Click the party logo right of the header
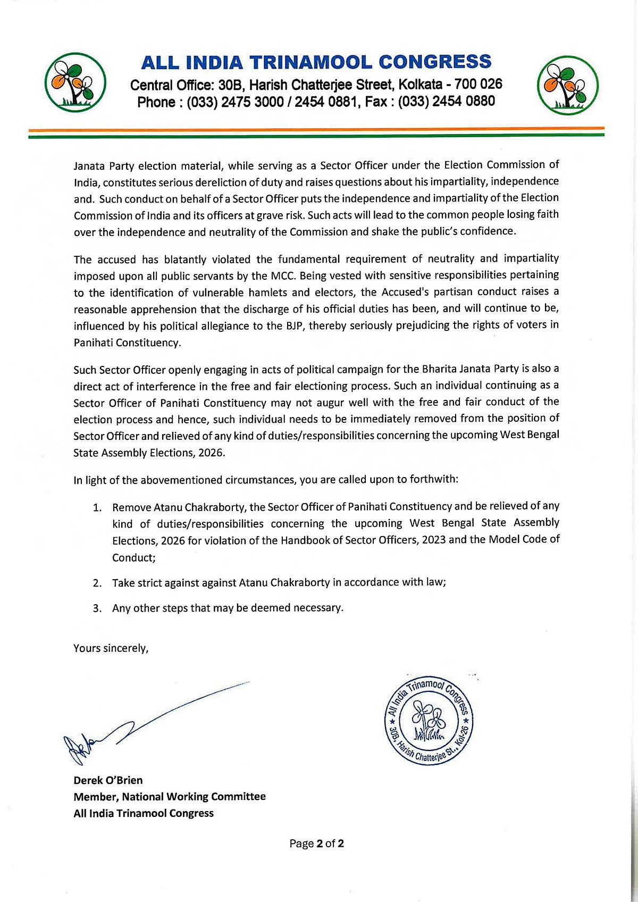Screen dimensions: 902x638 pos(567,85)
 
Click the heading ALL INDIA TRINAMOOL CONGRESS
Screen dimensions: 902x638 pos(316,62)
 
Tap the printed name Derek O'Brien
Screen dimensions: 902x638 pos(108,780)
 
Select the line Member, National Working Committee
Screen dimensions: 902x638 pos(170,797)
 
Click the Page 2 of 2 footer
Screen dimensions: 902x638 pos(316,843)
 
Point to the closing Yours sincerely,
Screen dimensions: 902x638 pos(111,648)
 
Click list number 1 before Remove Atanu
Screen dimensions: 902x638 pos(97,508)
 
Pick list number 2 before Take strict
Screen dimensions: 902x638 pos(97,583)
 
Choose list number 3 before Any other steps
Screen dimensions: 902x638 pos(97,608)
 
